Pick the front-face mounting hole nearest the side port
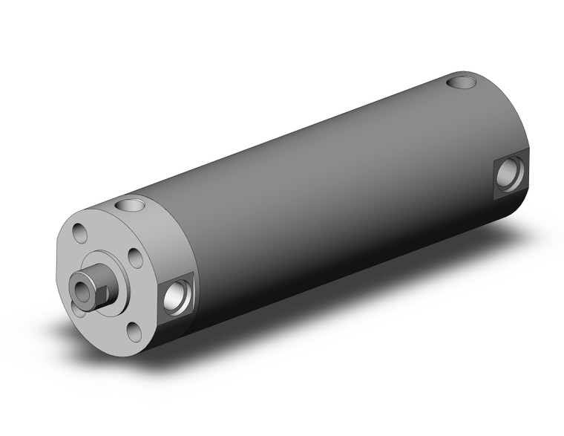135,257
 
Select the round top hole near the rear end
462,79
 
